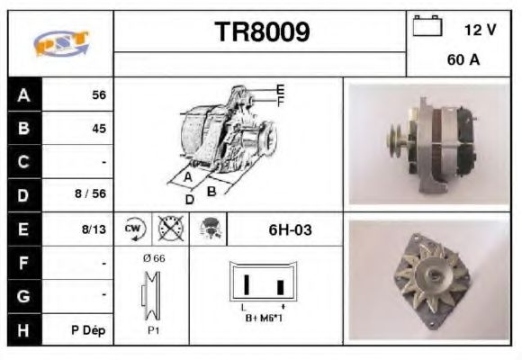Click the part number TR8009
click(262, 33)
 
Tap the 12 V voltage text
click(480, 30)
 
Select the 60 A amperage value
click(462, 62)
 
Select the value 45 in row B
click(98, 129)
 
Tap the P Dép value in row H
click(89, 330)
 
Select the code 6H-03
click(290, 229)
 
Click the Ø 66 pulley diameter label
click(153, 258)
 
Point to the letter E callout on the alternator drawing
click(280, 89)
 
